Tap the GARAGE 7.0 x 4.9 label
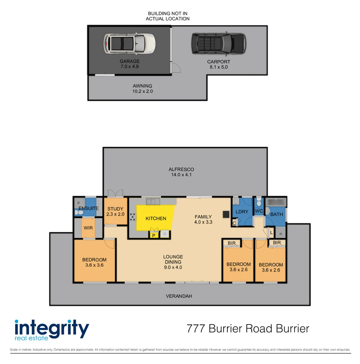(x=130, y=64)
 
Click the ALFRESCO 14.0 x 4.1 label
(x=182, y=172)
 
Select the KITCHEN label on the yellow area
(x=156, y=218)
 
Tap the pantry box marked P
(x=154, y=235)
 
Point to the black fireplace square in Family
(x=226, y=214)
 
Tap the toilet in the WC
(x=259, y=203)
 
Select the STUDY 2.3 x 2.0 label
(x=115, y=211)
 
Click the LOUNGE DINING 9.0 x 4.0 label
(x=173, y=262)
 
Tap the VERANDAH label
(x=179, y=296)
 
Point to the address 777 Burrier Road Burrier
(x=248, y=328)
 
